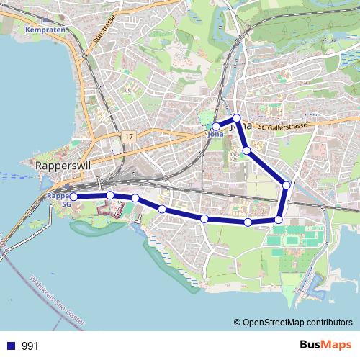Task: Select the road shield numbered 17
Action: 128,136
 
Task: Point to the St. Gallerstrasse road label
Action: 284,127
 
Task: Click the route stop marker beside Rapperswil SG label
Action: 73,196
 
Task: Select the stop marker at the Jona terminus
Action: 216,127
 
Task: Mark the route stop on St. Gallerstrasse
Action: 236,118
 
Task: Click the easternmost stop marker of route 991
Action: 287,185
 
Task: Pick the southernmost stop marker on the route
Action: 248,222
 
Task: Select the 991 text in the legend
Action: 30,346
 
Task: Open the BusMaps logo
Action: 321,345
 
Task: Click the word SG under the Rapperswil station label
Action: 66,203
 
